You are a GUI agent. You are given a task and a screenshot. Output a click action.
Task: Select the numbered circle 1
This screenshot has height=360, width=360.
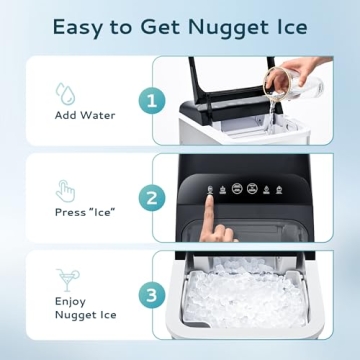152,100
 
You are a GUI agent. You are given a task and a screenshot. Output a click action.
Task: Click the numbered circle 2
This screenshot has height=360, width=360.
152,198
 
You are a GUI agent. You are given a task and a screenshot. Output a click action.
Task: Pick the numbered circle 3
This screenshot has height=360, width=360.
152,295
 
